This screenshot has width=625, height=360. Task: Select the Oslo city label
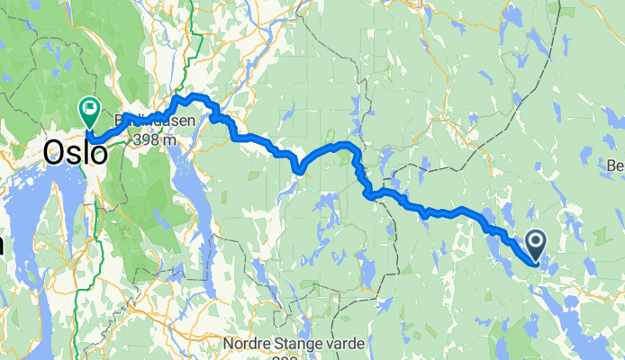pyautogui.click(x=75, y=154)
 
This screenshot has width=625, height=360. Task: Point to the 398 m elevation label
pyautogui.click(x=153, y=140)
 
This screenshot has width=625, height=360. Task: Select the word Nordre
pyautogui.click(x=249, y=343)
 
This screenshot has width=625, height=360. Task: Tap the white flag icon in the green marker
pyautogui.click(x=91, y=108)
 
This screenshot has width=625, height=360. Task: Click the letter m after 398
pyautogui.click(x=169, y=140)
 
